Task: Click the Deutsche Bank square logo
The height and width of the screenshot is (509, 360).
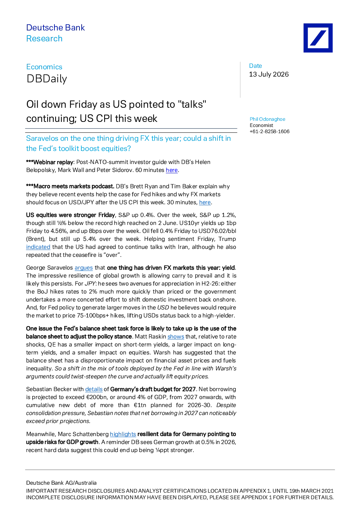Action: (318, 38)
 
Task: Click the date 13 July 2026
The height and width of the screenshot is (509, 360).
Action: (269, 74)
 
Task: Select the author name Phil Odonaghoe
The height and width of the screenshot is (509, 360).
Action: (267, 119)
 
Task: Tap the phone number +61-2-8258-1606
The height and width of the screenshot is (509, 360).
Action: (270, 131)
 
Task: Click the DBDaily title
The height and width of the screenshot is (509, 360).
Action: (47, 79)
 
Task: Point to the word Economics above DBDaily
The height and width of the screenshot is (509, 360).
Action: (44, 67)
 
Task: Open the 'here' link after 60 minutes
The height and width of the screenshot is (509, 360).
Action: (172, 170)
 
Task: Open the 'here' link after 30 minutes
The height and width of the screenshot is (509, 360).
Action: (205, 202)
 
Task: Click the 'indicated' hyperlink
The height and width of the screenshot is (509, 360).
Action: (38, 247)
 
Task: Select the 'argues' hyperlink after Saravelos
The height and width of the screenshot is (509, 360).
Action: (83, 268)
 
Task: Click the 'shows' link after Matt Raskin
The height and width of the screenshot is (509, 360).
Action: (176, 337)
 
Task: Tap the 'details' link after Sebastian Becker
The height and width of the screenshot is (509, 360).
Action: (94, 389)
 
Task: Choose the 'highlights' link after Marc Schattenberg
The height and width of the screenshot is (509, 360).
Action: (123, 434)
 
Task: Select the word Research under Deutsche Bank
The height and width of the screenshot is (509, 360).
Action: (44, 38)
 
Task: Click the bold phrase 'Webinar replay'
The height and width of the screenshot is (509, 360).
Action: (53, 162)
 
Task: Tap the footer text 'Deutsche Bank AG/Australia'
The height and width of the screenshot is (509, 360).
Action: (61, 483)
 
